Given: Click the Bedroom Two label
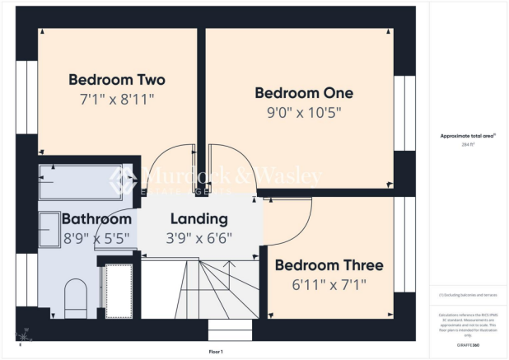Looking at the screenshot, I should [x=116, y=80].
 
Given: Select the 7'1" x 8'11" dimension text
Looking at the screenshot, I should [x=116, y=99].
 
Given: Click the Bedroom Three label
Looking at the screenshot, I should [x=329, y=265].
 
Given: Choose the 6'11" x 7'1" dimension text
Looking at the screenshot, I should [x=329, y=284].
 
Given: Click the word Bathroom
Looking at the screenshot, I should [x=96, y=220].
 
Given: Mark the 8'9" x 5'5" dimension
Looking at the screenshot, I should [x=96, y=239].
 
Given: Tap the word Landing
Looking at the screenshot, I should [x=198, y=220].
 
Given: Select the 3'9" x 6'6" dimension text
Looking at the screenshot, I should [x=198, y=239].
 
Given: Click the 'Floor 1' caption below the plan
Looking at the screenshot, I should [x=216, y=352].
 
